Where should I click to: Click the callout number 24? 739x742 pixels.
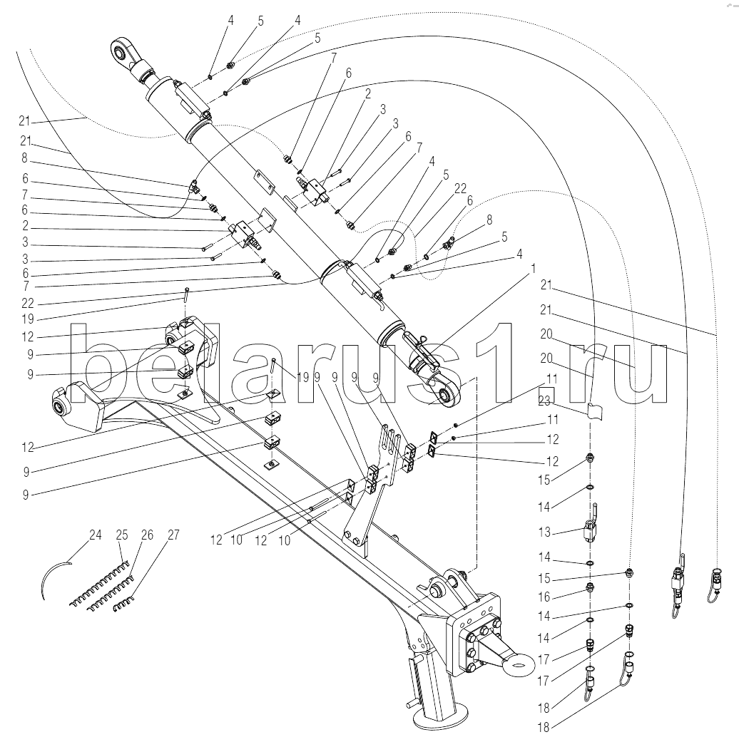click(x=96, y=535)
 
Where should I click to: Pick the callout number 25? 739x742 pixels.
click(x=122, y=535)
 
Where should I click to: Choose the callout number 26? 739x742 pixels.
click(x=148, y=535)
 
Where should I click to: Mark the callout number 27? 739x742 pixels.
click(x=173, y=535)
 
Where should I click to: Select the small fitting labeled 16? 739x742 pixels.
click(x=591, y=588)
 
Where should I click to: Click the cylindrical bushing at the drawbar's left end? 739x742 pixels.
click(x=58, y=408)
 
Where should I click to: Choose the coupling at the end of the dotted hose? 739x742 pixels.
click(x=716, y=577)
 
